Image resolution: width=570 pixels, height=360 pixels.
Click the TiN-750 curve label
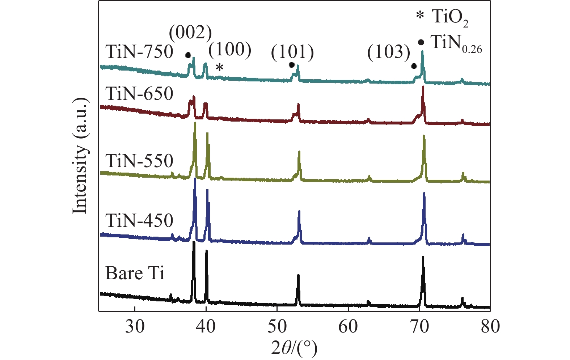pyautogui.click(x=139, y=52)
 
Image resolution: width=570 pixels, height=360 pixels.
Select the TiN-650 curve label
pyautogui.click(x=139, y=94)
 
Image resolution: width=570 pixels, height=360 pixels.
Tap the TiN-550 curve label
pyautogui.click(x=139, y=161)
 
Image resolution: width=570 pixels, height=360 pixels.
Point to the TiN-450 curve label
pyautogui.click(x=139, y=220)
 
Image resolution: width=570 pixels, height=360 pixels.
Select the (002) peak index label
pyautogui.click(x=190, y=33)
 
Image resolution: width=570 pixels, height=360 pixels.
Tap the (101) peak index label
pyautogui.click(x=292, y=52)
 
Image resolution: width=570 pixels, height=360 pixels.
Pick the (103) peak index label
pyautogui.click(x=389, y=52)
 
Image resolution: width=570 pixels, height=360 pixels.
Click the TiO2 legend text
pyautogui.click(x=450, y=17)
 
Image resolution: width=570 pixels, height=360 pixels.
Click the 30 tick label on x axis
pyautogui.click(x=135, y=327)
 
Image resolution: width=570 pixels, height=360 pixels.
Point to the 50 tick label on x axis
pyautogui.click(x=277, y=327)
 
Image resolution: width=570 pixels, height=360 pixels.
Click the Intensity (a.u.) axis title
pyautogui.click(x=80, y=156)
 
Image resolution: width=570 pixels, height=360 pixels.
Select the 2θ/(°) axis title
pyautogui.click(x=294, y=348)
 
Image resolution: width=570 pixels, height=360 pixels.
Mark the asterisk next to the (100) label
pyautogui.click(x=219, y=67)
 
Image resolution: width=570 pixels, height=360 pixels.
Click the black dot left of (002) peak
pyautogui.click(x=187, y=55)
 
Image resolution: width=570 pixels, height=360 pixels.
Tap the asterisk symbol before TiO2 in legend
pyautogui.click(x=419, y=16)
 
